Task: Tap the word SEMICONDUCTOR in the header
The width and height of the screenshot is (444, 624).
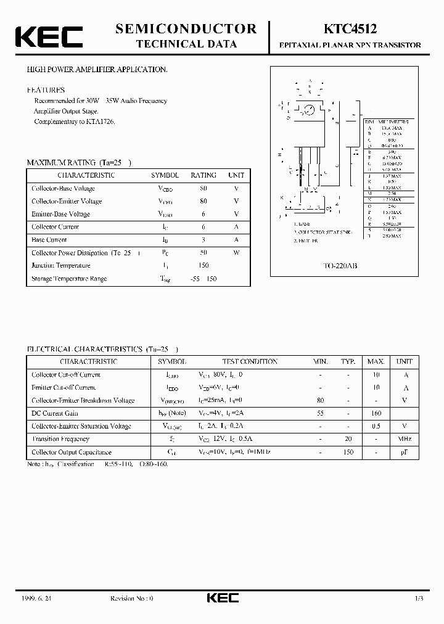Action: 186,28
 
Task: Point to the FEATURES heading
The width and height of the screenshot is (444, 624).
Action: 46,90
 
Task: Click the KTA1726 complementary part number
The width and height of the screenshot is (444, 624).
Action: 102,121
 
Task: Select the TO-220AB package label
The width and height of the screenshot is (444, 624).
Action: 340,266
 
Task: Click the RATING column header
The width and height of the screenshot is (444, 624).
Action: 203,175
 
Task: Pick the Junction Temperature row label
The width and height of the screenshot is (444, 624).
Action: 60,266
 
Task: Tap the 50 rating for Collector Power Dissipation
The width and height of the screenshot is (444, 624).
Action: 203,253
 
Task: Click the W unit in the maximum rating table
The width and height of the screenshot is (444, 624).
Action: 236,253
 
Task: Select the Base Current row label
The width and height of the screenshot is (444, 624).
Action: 49,240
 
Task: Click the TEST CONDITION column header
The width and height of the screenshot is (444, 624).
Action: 250,362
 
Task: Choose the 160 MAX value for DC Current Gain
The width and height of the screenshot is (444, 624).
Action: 376,413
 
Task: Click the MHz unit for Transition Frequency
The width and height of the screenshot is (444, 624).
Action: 405,439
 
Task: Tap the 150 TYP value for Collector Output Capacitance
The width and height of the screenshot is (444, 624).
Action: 349,452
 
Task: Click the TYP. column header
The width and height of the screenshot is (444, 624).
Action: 349,362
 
